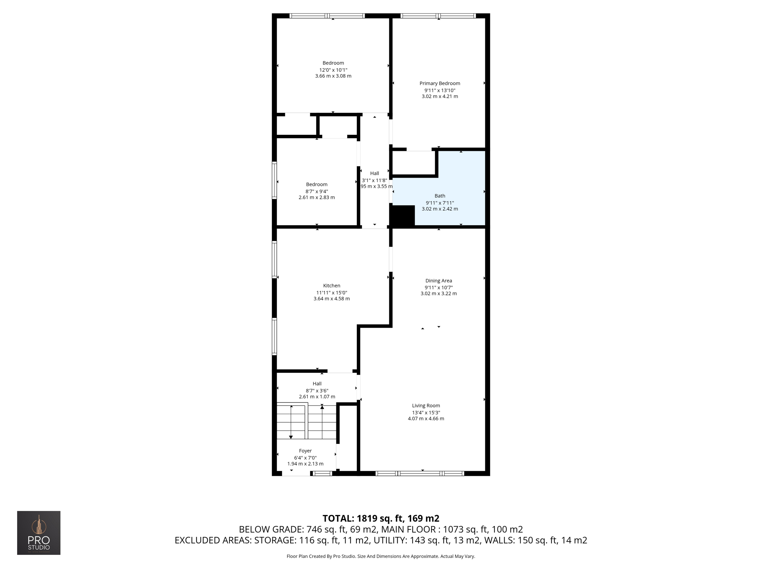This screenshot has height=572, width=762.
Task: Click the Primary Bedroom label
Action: tap(440, 83)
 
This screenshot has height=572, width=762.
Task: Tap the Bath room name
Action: tap(440, 196)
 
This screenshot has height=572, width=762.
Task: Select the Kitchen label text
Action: tap(332, 286)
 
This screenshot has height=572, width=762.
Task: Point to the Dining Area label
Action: tap(439, 281)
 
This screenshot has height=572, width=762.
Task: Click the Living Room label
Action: tap(426, 406)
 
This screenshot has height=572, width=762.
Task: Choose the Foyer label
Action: tap(305, 451)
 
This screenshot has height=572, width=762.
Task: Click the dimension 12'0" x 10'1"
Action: tap(333, 70)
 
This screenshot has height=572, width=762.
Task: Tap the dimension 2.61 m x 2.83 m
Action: tap(317, 197)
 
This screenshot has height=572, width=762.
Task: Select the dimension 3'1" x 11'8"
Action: tap(375, 180)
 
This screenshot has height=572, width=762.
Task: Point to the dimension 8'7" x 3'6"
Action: tap(317, 391)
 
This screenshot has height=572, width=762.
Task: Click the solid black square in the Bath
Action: tap(403, 216)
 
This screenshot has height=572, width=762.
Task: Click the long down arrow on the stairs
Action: tap(291, 423)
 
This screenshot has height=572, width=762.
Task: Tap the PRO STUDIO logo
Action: tap(39, 533)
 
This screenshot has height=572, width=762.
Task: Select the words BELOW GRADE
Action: tap(270, 529)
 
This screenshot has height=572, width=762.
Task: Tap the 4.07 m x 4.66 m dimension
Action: tap(426, 419)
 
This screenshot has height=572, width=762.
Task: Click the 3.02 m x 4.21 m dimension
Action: tap(440, 96)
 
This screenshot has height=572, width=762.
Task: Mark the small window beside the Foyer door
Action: tap(322, 474)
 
